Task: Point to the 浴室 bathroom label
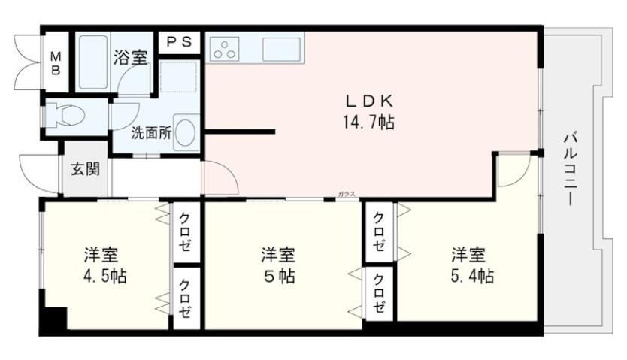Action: pos(130,56)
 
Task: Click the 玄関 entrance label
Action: pos(85,169)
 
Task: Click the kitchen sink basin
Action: pos(282,50)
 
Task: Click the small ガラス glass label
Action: pos(347,194)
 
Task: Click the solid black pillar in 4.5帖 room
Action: pos(53,319)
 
